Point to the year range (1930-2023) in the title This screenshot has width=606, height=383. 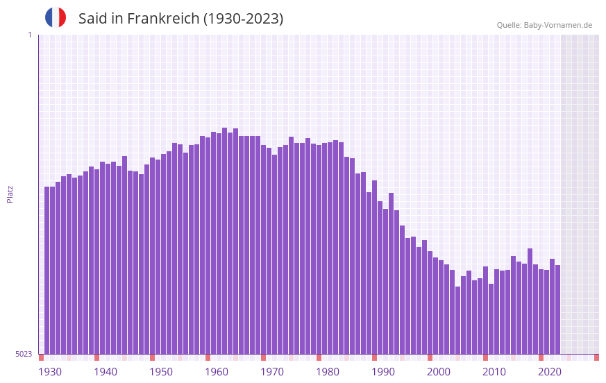point(243,19)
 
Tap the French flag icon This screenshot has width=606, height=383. point(56,17)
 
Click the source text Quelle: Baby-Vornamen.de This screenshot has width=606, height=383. point(544,25)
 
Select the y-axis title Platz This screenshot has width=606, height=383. point(10,194)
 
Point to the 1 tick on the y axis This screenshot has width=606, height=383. point(29,35)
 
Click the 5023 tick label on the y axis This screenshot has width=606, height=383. point(24,354)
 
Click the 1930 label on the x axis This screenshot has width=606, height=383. point(50,372)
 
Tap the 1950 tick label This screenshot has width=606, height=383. point(161,372)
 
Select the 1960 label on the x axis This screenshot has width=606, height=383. point(217,372)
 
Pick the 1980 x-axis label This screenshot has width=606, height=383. point(328,372)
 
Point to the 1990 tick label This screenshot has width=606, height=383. point(383,372)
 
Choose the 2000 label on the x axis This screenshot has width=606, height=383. point(439,372)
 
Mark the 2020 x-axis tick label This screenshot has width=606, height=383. point(550,372)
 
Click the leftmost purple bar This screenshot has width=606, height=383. point(47,271)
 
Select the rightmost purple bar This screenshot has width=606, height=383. point(557,309)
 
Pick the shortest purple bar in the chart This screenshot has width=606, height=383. point(457,320)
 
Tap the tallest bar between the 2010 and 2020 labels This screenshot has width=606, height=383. point(530,301)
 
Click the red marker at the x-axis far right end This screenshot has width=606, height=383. point(596,357)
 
